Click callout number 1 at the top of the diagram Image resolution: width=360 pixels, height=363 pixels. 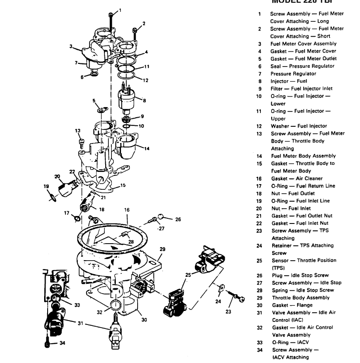[x=121, y=10]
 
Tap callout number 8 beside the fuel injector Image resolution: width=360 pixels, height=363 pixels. [x=145, y=101]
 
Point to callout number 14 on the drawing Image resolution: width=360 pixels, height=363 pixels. [x=147, y=149]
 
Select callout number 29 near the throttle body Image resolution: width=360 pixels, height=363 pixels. [x=162, y=249]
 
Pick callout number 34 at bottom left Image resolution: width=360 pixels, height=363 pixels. [x=62, y=343]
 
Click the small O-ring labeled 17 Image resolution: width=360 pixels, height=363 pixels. [x=77, y=218]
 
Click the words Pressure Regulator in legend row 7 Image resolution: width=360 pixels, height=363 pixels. [x=293, y=73]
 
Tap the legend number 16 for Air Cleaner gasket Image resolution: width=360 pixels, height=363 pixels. [x=259, y=178]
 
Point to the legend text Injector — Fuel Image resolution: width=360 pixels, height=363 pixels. [x=288, y=81]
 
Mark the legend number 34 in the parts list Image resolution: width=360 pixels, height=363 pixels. [x=259, y=350]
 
